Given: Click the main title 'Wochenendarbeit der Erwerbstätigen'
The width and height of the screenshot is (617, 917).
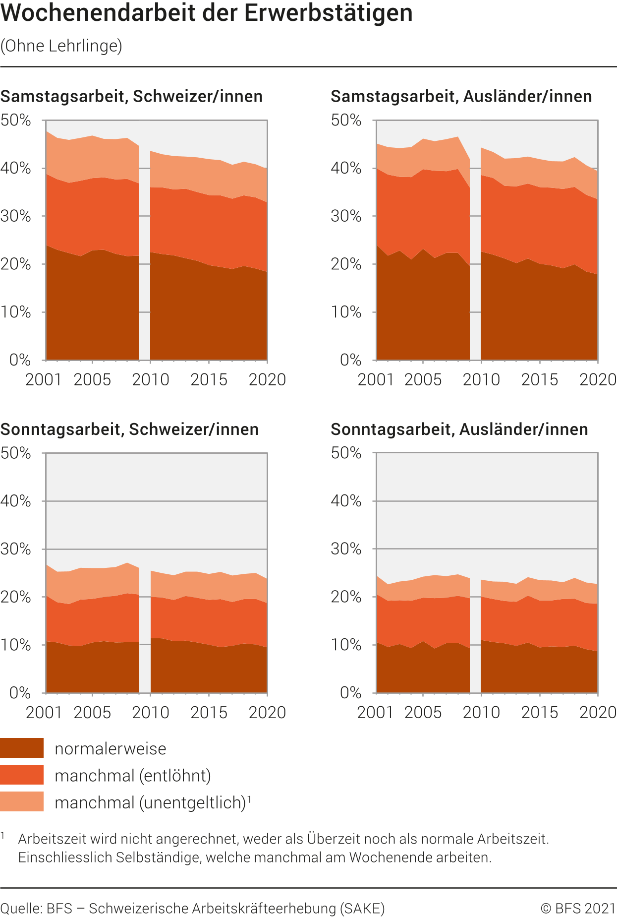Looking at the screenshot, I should click(x=207, y=13).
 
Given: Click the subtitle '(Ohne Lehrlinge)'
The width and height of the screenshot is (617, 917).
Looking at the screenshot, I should click(x=61, y=46).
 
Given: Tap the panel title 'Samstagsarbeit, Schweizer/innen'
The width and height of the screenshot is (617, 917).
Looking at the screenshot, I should click(x=131, y=96).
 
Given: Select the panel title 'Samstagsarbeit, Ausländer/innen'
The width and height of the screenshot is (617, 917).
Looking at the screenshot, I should click(x=461, y=96).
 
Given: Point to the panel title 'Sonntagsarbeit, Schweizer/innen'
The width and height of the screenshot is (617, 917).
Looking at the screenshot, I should click(x=129, y=429).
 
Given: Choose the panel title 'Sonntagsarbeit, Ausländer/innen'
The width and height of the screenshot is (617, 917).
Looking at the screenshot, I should click(x=459, y=429).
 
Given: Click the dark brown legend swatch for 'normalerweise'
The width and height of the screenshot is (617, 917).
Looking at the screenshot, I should click(x=22, y=748).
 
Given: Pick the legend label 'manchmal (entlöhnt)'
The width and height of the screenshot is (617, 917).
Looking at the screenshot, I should click(x=133, y=775).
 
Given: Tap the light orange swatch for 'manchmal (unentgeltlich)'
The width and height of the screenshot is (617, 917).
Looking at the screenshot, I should click(x=22, y=801).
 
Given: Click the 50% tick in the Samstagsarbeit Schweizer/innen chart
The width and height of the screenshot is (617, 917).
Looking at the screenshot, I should click(x=15, y=120).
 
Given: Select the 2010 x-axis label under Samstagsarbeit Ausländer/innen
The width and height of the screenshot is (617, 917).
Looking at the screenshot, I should click(x=481, y=379).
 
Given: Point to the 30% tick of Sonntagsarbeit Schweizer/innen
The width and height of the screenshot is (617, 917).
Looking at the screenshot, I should click(x=15, y=549).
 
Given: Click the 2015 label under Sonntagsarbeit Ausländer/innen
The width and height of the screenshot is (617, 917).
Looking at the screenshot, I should click(x=539, y=712).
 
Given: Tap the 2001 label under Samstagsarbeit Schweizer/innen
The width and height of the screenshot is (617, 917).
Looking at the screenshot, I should click(x=44, y=379).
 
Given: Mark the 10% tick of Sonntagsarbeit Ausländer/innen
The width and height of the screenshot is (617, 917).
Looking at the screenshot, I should click(x=346, y=645).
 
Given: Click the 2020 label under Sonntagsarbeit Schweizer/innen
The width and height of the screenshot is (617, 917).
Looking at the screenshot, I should click(x=267, y=712).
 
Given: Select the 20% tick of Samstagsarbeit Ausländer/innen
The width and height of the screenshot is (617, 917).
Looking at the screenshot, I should click(x=346, y=264).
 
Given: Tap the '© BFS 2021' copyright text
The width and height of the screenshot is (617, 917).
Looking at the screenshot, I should click(x=578, y=908).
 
